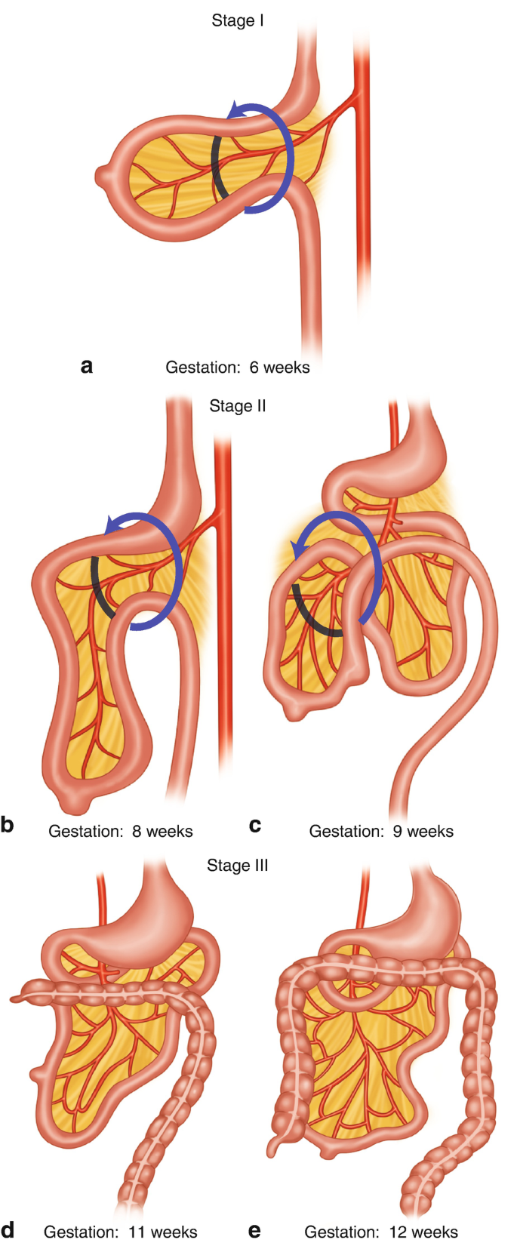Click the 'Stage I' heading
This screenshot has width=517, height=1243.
click(238, 20)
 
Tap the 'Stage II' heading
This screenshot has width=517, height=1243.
click(238, 406)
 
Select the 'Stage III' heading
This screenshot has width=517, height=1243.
click(238, 865)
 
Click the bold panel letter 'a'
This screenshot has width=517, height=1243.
click(87, 367)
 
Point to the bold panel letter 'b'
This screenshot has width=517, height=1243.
click(8, 826)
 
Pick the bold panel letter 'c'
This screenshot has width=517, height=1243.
click(255, 826)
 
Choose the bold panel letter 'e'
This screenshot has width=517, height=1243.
click(254, 1231)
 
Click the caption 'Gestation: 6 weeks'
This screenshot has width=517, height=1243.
click(238, 368)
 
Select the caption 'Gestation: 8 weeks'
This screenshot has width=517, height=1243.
click(121, 831)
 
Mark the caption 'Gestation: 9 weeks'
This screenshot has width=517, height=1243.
click(381, 831)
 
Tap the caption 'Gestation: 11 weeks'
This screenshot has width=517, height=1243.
click(121, 1232)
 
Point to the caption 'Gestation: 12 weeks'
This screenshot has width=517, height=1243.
click(381, 1232)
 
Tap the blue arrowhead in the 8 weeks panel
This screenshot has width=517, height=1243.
click(113, 524)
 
